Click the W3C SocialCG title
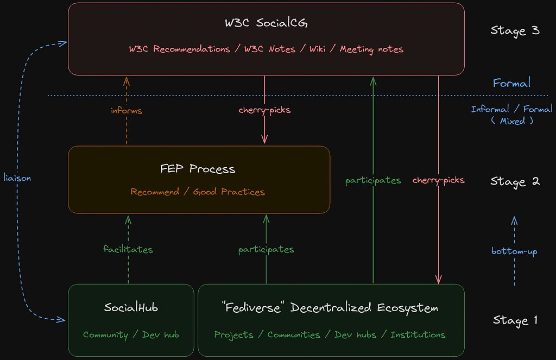click(267, 23)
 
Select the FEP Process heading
click(198, 168)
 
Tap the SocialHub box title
click(131, 308)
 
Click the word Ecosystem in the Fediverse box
click(407, 308)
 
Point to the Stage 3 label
click(514, 30)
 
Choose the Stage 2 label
click(514, 181)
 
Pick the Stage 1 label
click(514, 320)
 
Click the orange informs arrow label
click(126, 111)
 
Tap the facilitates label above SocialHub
click(128, 249)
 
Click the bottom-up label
click(514, 251)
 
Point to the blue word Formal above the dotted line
click(511, 83)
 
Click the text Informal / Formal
click(511, 109)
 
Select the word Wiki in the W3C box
click(317, 49)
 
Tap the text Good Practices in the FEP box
click(229, 192)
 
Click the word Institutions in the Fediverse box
click(418, 334)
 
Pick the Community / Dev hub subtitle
click(131, 334)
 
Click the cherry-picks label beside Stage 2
click(438, 180)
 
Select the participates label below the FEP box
click(266, 250)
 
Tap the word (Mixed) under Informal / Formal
click(512, 121)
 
